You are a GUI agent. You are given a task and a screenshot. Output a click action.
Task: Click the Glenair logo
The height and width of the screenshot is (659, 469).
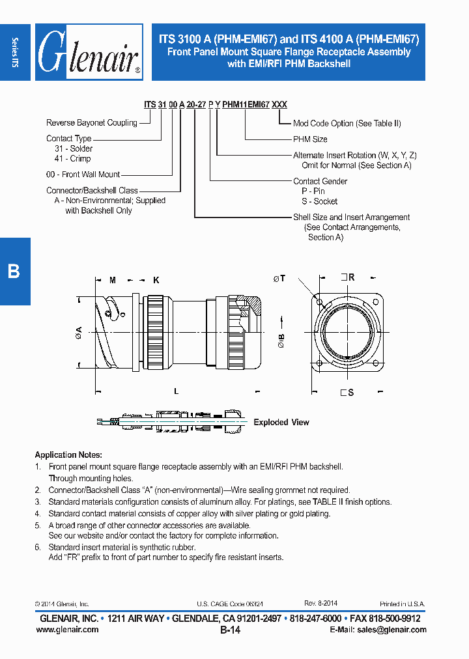(x=89, y=52)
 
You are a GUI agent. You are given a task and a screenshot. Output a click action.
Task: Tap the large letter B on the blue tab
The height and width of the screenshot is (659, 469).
(x=14, y=272)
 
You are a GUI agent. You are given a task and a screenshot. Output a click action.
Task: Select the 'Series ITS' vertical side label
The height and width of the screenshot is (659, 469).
(x=15, y=52)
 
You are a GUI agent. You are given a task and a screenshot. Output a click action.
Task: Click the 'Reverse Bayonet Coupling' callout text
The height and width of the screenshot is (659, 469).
(x=92, y=122)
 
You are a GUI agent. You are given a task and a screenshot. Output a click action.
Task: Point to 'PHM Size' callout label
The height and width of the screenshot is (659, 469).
(x=310, y=139)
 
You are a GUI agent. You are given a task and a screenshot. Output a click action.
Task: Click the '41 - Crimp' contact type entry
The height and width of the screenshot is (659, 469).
(x=72, y=159)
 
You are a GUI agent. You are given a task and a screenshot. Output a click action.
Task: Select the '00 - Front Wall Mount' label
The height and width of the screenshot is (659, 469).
(x=83, y=175)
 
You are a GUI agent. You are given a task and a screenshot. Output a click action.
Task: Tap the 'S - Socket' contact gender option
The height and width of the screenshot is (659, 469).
(x=315, y=201)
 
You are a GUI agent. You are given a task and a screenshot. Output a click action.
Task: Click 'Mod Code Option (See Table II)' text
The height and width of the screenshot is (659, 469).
(x=347, y=123)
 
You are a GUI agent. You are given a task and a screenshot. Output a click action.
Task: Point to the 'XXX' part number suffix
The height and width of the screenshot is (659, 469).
(x=279, y=105)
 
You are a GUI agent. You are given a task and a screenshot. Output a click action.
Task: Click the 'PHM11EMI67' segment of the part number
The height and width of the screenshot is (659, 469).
(x=246, y=105)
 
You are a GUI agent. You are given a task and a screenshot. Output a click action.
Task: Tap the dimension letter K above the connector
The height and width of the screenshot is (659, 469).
(x=156, y=280)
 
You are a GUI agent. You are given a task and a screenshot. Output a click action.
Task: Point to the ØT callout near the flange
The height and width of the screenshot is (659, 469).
(x=279, y=279)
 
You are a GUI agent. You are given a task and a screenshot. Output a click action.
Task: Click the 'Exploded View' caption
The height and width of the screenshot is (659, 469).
(x=281, y=423)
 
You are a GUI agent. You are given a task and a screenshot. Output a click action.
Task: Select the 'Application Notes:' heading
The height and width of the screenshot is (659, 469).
(x=68, y=455)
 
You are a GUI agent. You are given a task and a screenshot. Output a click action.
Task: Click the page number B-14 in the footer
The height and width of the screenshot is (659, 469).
(x=231, y=630)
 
